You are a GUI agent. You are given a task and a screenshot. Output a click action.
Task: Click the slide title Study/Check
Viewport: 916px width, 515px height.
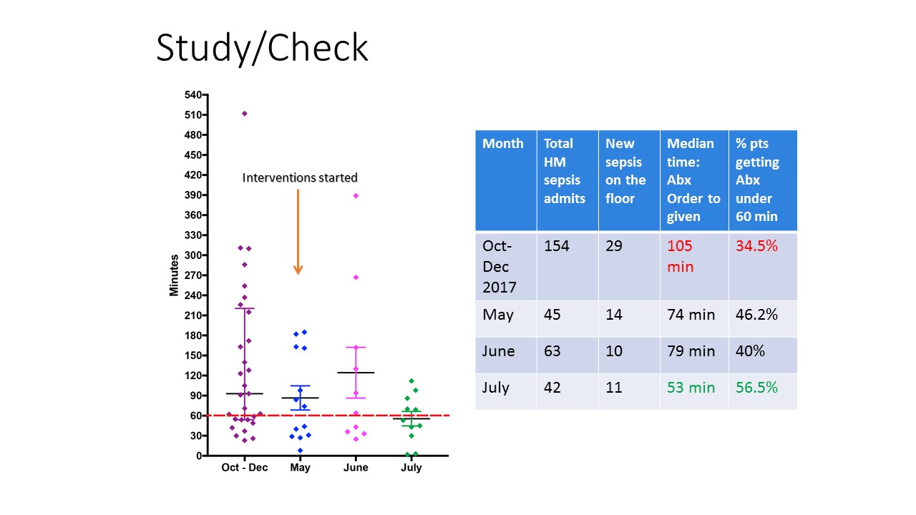tap(262, 48)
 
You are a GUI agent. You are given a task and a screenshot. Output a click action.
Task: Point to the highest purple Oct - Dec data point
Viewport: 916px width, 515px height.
tap(245, 114)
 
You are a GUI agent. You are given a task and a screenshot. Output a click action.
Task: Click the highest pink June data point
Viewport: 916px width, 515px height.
tap(356, 196)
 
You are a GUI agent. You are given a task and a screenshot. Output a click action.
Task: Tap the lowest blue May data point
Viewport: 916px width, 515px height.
tap(300, 451)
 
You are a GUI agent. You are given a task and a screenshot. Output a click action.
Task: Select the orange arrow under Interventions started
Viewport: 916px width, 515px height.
tap(298, 231)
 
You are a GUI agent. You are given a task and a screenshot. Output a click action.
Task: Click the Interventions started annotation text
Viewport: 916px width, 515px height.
tap(300, 178)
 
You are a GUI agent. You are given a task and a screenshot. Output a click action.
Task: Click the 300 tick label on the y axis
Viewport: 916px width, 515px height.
tap(193, 255)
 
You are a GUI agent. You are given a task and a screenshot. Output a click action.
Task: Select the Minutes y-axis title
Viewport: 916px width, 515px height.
tap(174, 275)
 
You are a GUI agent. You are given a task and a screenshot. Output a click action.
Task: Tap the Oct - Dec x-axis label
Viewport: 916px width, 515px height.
tap(245, 467)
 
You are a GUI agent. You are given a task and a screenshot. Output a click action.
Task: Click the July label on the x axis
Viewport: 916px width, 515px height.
tap(411, 468)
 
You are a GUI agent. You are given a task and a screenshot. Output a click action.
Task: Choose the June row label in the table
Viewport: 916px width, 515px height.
tap(498, 351)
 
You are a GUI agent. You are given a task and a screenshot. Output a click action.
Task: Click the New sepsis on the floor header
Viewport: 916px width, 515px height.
tap(625, 171)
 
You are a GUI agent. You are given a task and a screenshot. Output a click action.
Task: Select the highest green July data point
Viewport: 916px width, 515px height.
tap(411, 381)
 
